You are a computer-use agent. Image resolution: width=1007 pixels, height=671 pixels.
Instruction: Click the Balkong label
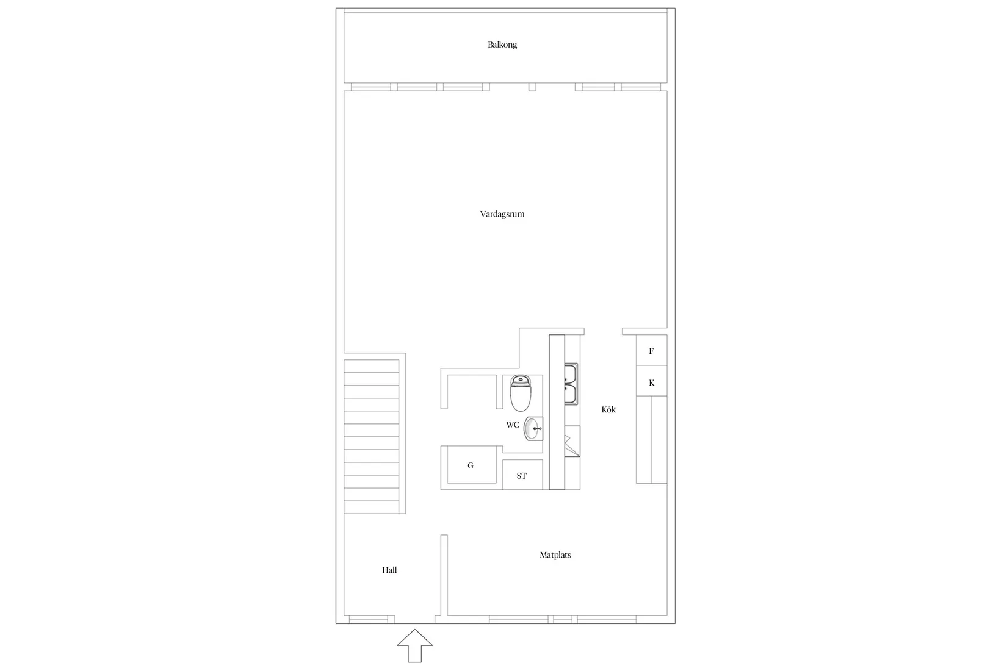tap(502, 45)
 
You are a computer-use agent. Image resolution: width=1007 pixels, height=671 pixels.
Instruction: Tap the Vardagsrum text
tap(502, 214)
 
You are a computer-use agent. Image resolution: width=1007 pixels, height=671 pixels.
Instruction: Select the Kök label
tap(608, 409)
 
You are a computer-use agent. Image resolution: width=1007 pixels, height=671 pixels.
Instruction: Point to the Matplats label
tap(555, 555)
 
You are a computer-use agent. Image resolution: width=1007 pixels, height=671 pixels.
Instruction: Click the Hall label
tap(389, 570)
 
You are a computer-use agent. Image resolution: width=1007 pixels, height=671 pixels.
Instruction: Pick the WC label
tap(513, 425)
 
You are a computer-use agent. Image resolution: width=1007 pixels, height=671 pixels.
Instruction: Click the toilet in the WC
tap(521, 393)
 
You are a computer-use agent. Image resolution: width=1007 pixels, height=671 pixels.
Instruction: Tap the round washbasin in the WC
tap(533, 428)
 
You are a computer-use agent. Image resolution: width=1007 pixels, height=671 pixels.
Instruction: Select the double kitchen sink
tap(571, 384)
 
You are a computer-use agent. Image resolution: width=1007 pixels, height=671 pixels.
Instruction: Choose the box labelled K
tap(651, 382)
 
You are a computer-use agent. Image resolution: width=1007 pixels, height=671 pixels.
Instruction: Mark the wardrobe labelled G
tap(471, 465)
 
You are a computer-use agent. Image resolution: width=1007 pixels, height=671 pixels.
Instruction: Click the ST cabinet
tap(522, 475)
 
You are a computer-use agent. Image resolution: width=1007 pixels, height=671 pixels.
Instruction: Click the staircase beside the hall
tap(371, 436)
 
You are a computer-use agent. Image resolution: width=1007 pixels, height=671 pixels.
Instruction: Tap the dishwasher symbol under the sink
tap(572, 441)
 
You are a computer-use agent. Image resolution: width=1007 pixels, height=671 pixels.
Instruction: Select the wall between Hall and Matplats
tap(444, 575)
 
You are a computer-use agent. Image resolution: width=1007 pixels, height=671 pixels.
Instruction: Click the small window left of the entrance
tap(369, 620)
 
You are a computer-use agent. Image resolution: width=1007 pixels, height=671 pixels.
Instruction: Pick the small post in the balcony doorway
tap(532, 87)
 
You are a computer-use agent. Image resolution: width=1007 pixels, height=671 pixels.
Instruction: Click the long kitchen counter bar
tap(557, 412)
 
